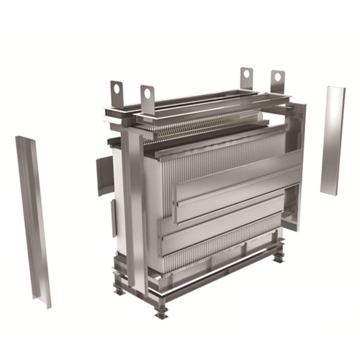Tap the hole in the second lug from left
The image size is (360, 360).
coord(148,92)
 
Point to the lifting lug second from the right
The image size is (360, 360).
coord(246,76)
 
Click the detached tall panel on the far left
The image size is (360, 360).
coord(32,216)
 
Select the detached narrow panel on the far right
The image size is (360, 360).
coord(332,140)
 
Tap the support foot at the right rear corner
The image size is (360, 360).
coord(277,256)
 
